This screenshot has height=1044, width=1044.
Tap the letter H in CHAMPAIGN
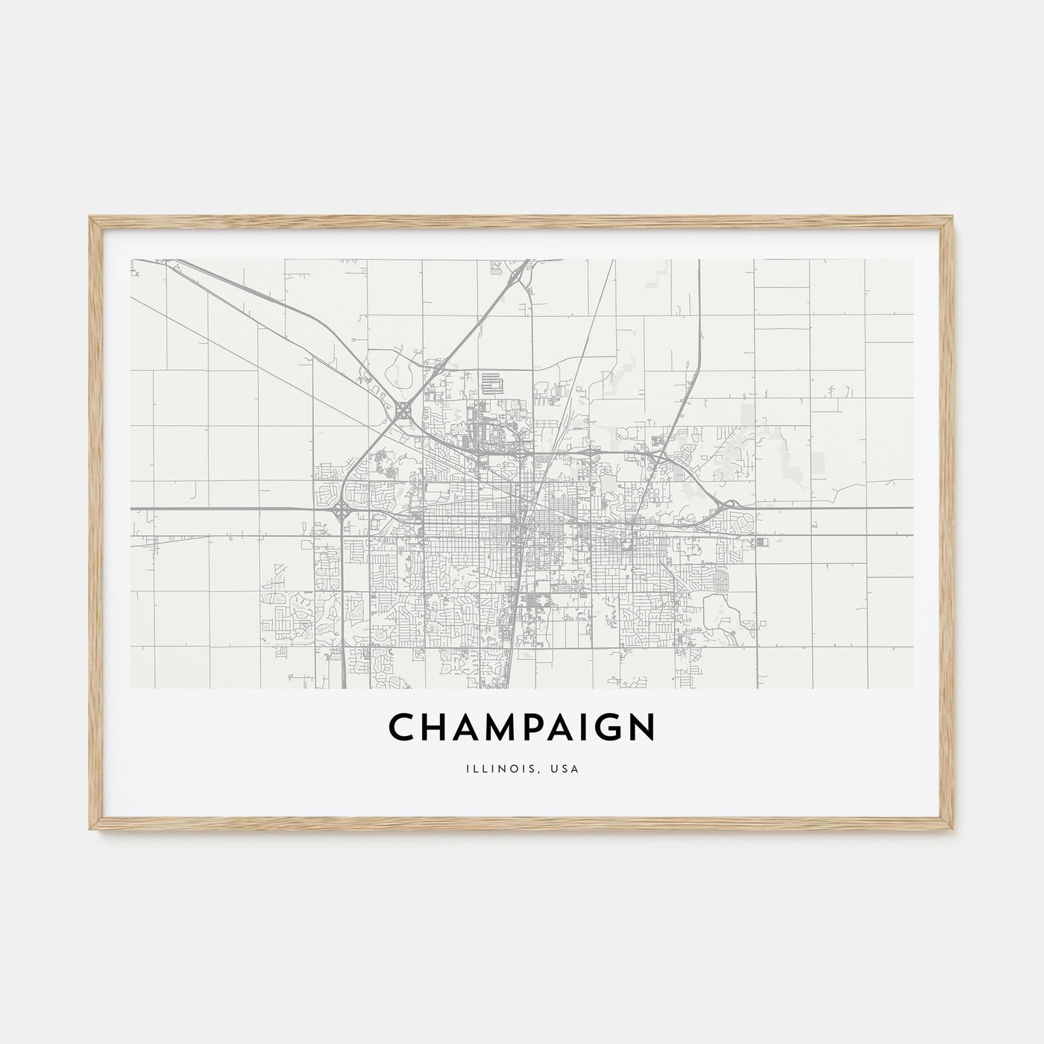click(435, 728)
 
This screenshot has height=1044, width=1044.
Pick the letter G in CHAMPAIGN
click(609, 728)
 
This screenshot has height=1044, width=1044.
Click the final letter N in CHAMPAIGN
click(642, 728)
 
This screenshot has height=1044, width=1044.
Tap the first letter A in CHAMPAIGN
click(469, 728)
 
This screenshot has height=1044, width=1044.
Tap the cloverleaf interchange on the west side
click(342, 512)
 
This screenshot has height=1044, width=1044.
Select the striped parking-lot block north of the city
click(493, 384)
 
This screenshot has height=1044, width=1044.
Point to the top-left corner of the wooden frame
click(91, 217)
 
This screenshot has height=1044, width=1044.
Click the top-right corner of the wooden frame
click(953, 217)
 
